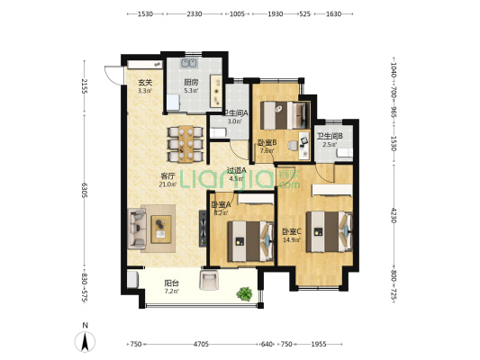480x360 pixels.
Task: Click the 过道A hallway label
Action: (236, 174)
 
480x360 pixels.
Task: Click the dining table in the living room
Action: (186, 141)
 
